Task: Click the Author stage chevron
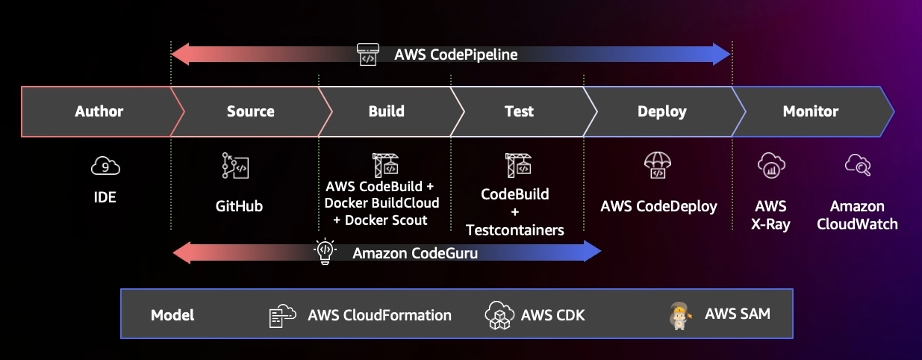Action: (99, 112)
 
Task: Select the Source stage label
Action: (250, 112)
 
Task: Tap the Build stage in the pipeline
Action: (386, 112)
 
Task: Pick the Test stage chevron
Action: (519, 112)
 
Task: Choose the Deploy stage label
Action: (661, 112)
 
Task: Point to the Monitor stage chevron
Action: (810, 112)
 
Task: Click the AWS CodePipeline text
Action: (455, 55)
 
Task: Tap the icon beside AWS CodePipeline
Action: (368, 54)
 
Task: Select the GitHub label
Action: (239, 206)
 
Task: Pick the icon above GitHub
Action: (235, 166)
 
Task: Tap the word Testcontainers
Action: (515, 230)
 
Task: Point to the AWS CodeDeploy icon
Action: (658, 166)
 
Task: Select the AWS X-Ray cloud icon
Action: (769, 165)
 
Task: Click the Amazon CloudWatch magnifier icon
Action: (857, 165)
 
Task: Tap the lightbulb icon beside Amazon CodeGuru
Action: (324, 252)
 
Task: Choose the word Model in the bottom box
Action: (172, 315)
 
